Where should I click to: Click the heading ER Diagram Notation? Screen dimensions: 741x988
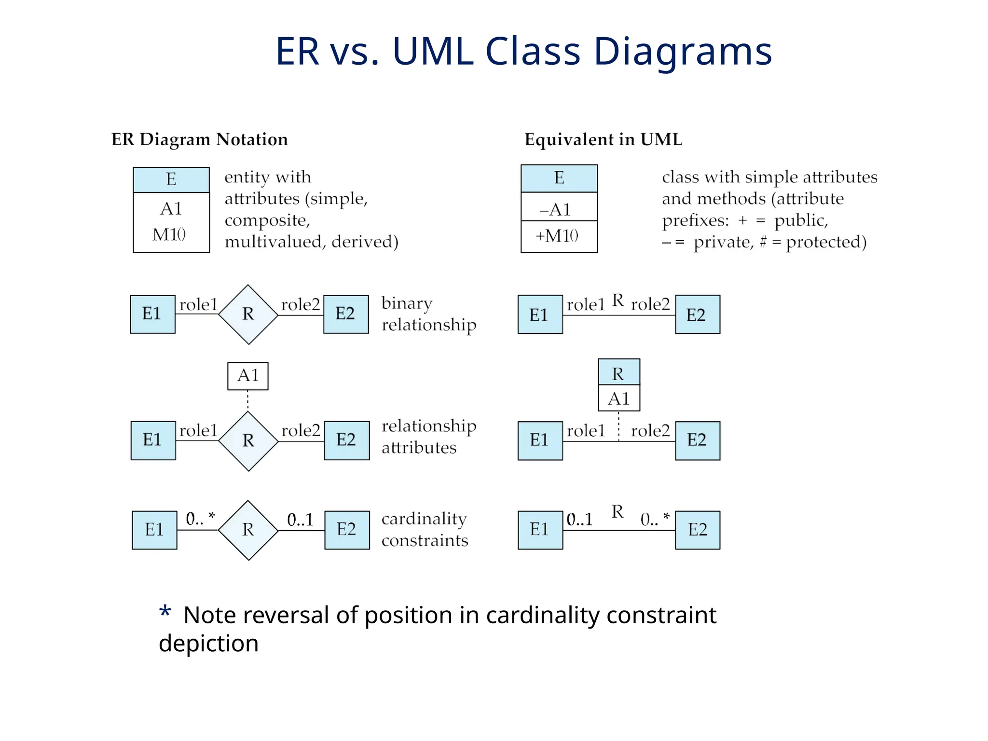point(199,139)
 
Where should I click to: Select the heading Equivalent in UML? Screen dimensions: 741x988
point(603,139)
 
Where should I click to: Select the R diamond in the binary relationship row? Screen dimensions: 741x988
point(248,314)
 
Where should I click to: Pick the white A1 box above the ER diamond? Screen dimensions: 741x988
point(248,376)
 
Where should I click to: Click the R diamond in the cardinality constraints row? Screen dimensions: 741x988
point(248,530)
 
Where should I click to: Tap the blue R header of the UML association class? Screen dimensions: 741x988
point(618,373)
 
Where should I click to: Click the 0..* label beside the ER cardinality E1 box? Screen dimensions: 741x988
point(200,519)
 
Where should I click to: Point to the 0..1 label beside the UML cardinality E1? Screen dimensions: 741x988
point(579,520)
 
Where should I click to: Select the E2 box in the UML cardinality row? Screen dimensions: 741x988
point(697,530)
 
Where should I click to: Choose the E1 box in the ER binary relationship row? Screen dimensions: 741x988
point(152,314)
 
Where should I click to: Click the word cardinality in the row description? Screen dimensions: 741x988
point(424,519)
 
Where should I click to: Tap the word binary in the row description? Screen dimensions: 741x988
point(407,303)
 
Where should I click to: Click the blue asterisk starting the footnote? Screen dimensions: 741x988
point(165,612)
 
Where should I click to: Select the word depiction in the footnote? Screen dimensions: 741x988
point(208,644)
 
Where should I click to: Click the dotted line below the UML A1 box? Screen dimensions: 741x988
point(618,425)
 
